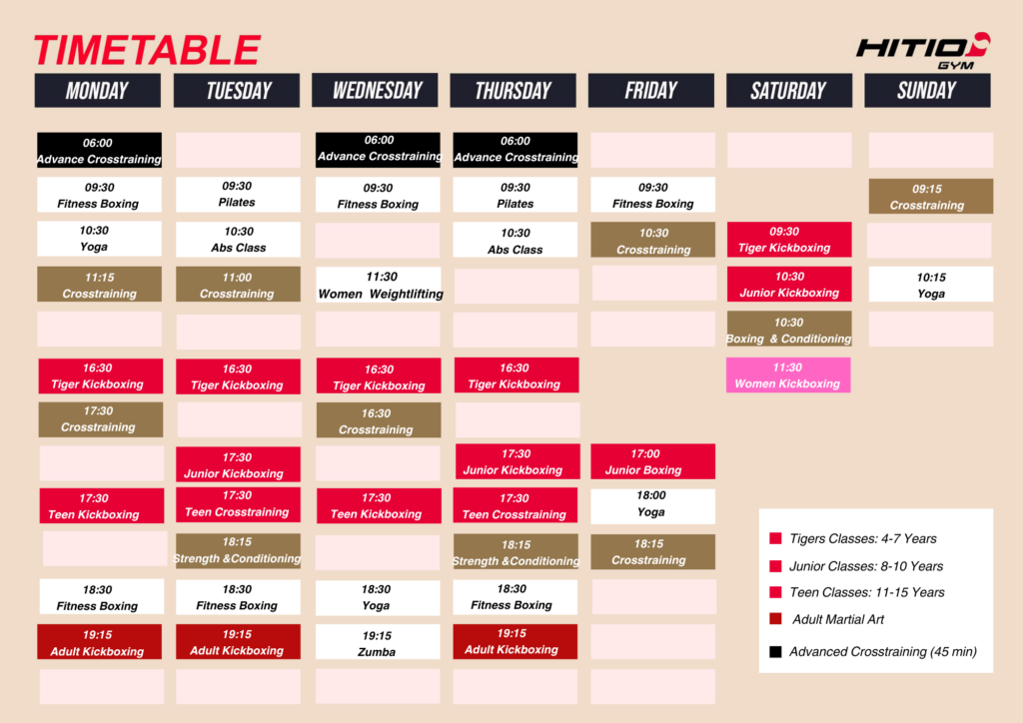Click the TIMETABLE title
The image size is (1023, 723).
click(148, 50)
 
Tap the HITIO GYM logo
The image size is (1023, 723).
click(923, 51)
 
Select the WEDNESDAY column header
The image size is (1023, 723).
click(376, 90)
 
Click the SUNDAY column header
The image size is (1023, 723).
click(927, 90)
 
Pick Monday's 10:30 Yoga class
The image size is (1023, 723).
click(99, 239)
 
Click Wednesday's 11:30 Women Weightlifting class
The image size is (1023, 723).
click(379, 285)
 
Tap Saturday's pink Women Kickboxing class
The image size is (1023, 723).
click(788, 374)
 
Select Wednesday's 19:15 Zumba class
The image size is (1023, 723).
click(378, 642)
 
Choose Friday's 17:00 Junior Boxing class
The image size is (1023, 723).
click(652, 461)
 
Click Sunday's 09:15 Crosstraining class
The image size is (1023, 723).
click(930, 197)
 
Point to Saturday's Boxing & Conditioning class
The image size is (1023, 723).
click(789, 330)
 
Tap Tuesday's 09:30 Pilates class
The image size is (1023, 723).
click(238, 195)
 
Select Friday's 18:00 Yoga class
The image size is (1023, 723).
click(652, 506)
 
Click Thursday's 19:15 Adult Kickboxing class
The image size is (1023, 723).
click(515, 641)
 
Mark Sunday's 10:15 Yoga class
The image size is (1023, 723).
click(930, 285)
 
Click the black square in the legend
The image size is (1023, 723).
click(775, 652)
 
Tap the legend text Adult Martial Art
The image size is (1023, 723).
click(838, 619)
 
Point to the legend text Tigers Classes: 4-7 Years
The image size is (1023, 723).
click(862, 538)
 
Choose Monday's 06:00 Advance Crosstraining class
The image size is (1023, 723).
click(99, 151)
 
